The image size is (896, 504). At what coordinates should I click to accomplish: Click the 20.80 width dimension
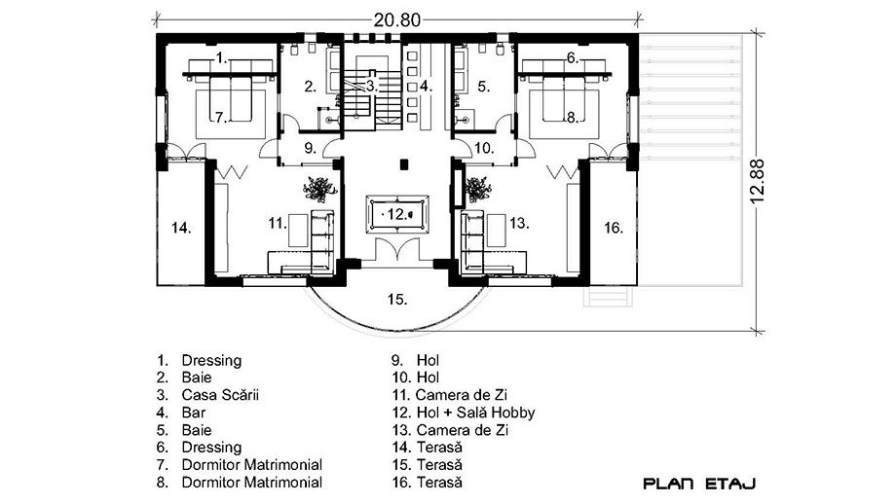(397, 20)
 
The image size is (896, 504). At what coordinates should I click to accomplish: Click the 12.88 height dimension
(757, 181)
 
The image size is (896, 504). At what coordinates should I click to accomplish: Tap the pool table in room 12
(397, 214)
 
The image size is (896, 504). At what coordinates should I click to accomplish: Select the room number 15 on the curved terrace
(397, 299)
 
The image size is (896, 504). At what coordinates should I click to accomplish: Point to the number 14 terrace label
(181, 229)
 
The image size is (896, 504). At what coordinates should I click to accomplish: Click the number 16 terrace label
(614, 228)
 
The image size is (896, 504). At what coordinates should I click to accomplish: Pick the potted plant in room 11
(319, 189)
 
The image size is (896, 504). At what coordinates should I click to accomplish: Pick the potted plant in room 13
(478, 189)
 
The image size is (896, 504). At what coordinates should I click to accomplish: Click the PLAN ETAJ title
(699, 484)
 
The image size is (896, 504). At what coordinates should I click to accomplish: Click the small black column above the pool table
(404, 164)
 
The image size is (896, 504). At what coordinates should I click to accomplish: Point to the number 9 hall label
(310, 148)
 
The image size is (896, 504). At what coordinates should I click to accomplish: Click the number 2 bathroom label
(310, 88)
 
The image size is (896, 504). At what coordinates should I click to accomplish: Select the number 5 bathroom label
(483, 87)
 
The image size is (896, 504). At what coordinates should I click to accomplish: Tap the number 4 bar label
(426, 87)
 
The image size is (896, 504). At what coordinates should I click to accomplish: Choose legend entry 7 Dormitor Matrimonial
(240, 465)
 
